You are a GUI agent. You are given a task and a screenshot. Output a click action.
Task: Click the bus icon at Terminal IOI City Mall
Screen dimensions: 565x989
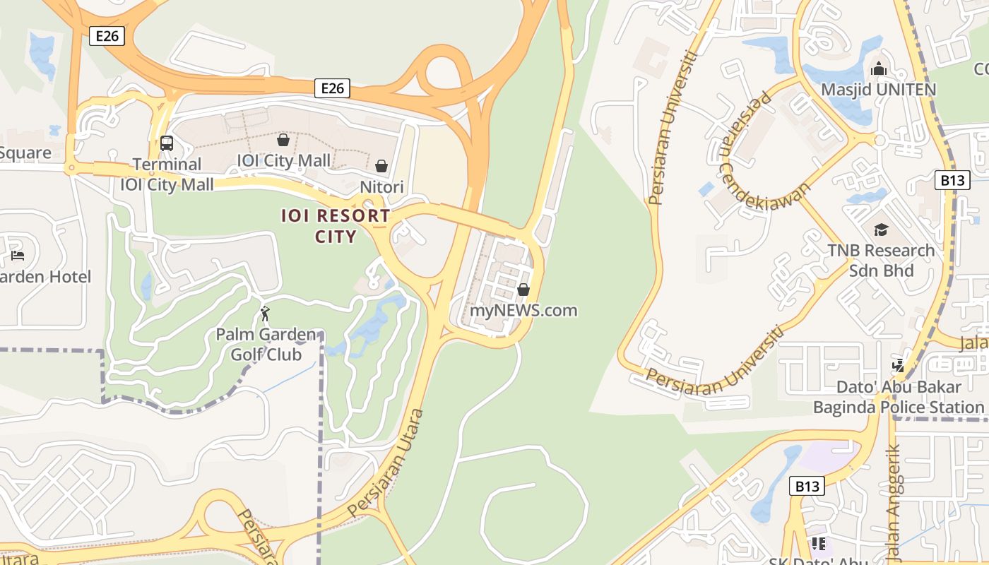167,143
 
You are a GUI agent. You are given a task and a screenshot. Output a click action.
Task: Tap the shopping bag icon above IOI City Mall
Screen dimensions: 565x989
283,140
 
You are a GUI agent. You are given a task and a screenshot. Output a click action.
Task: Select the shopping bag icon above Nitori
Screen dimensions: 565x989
381,166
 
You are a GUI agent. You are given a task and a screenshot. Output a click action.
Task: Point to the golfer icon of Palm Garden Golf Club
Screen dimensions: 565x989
265,313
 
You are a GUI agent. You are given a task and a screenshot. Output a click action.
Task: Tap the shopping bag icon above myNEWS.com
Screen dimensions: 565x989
523,290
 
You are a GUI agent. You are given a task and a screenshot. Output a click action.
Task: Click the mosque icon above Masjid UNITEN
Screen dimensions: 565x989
879,69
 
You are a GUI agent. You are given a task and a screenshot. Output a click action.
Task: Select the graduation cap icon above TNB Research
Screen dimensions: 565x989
881,230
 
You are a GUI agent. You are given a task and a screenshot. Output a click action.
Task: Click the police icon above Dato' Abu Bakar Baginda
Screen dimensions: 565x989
898,365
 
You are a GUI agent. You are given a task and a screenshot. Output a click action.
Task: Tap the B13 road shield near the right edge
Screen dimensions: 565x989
952,180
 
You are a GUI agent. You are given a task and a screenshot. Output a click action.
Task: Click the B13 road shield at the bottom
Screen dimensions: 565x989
807,486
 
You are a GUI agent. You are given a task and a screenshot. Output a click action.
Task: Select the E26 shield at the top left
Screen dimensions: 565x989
107,35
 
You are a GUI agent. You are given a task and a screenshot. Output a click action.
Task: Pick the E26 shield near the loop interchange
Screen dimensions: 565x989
332,88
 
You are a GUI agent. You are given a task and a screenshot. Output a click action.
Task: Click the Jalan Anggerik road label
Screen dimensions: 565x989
894,501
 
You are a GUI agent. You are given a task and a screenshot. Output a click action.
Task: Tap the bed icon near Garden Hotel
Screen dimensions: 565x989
18,255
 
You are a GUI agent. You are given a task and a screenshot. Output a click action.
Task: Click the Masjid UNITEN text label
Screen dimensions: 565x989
878,90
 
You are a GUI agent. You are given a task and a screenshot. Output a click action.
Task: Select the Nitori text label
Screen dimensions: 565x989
381,187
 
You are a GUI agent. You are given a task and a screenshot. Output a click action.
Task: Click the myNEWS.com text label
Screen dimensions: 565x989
523,310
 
